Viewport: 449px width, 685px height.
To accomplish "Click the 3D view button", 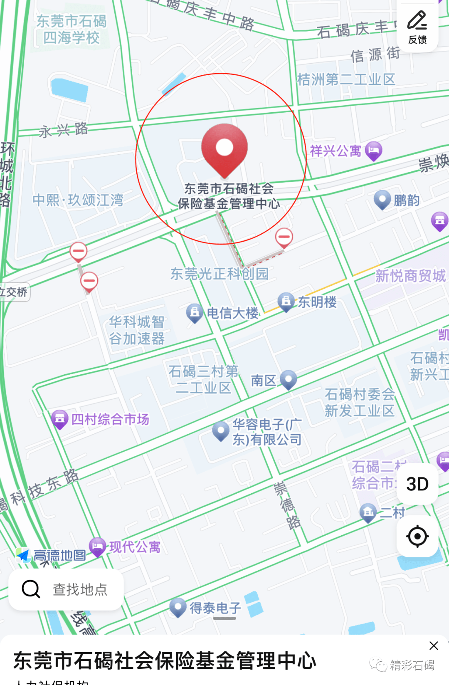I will pyautogui.click(x=417, y=484).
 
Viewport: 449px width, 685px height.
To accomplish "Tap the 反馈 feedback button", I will pyautogui.click(x=417, y=27).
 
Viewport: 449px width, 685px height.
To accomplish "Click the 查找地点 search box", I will pyautogui.click(x=66, y=589).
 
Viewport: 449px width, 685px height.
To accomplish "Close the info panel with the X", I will pyautogui.click(x=434, y=645).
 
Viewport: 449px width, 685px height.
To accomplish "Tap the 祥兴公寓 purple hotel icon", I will pyautogui.click(x=373, y=151).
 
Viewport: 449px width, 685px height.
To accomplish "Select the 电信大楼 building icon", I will pyautogui.click(x=194, y=313).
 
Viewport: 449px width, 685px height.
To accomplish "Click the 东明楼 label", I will pyautogui.click(x=317, y=302).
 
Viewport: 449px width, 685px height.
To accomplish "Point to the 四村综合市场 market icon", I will pyautogui.click(x=59, y=419).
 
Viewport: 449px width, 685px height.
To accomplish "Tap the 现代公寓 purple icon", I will pyautogui.click(x=98, y=546).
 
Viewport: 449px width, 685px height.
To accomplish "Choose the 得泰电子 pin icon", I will pyautogui.click(x=178, y=607).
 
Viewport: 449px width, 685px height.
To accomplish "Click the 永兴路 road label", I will pyautogui.click(x=63, y=130).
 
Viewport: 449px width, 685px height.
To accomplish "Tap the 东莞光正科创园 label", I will pyautogui.click(x=219, y=274).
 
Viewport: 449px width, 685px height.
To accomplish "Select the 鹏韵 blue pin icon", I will pyautogui.click(x=382, y=200).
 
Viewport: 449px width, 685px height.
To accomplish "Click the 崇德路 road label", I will pyautogui.click(x=287, y=505).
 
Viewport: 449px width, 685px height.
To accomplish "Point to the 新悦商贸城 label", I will pyautogui.click(x=410, y=275).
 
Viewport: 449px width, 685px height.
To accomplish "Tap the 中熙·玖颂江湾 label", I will pyautogui.click(x=78, y=200).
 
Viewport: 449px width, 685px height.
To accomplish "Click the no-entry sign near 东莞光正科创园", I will pyautogui.click(x=284, y=237).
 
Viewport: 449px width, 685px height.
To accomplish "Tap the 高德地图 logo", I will pyautogui.click(x=51, y=555).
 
